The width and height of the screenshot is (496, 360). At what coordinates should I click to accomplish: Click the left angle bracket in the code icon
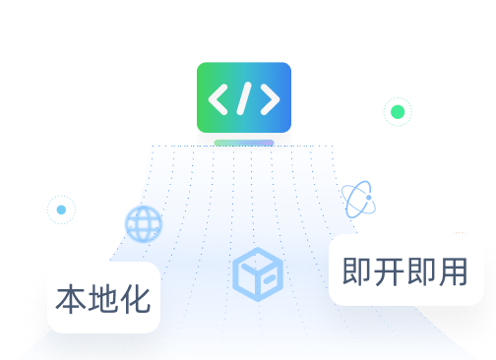click(x=217, y=99)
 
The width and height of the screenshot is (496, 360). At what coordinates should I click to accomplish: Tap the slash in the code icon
click(x=244, y=98)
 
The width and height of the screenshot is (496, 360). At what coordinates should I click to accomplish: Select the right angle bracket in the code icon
click(x=271, y=99)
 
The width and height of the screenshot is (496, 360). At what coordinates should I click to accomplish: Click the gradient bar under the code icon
click(x=244, y=143)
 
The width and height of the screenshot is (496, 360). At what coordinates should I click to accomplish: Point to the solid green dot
click(x=398, y=112)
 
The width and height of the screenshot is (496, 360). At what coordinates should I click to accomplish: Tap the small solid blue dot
click(x=61, y=210)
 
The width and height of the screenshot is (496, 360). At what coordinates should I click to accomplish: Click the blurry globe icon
click(x=144, y=224)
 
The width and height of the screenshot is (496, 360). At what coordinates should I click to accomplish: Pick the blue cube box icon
click(x=258, y=274)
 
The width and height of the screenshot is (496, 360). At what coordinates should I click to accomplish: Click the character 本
click(x=71, y=299)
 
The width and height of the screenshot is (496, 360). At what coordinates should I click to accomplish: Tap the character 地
click(x=103, y=299)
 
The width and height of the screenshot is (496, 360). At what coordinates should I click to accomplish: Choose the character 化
click(x=136, y=299)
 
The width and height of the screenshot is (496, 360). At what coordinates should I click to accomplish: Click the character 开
click(x=389, y=271)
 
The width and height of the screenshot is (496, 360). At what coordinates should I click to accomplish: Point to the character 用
click(x=453, y=271)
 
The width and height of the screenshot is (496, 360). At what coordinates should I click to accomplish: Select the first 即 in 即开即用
click(x=356, y=271)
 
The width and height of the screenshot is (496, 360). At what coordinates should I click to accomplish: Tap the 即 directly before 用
click(x=421, y=271)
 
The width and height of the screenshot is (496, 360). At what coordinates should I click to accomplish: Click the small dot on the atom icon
click(x=369, y=198)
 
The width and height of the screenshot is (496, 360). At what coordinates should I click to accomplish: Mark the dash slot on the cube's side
click(x=270, y=279)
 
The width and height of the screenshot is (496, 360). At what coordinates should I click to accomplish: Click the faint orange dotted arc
click(x=460, y=233)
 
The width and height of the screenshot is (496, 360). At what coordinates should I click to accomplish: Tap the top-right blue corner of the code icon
click(x=288, y=66)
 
